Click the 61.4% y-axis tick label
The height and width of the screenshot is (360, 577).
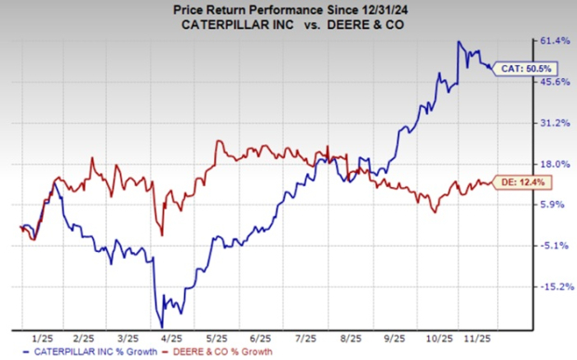[x=555, y=41]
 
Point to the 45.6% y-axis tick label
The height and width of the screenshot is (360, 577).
[x=555, y=82]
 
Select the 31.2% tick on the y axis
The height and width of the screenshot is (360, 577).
[x=555, y=123]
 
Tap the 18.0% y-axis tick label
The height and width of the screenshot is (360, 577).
[x=555, y=164]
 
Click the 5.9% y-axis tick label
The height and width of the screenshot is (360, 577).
[x=557, y=205]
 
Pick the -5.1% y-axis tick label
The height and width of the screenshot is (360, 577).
[x=556, y=246]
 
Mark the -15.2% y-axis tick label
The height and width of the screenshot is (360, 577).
[x=554, y=287]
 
